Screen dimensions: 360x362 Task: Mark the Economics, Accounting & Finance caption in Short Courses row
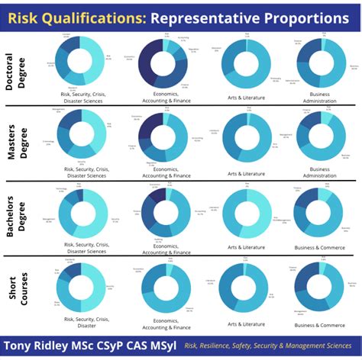(x=165, y=323)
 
